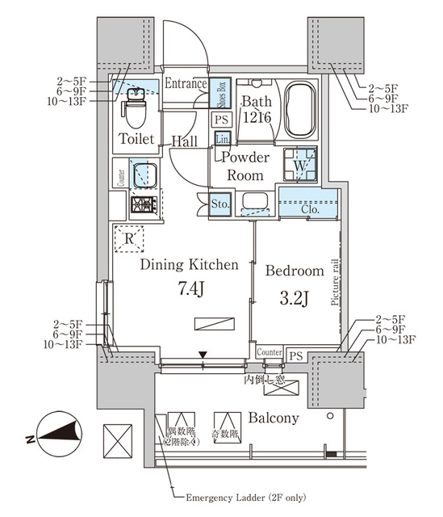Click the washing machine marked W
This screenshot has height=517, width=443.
click(x=298, y=164)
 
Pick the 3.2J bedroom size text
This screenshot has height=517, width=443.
click(x=294, y=297)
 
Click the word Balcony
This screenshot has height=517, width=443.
click(x=274, y=418)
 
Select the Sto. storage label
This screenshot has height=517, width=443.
click(x=219, y=204)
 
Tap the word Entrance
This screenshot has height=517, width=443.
click(x=186, y=84)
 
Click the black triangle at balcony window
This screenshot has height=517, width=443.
click(x=203, y=354)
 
